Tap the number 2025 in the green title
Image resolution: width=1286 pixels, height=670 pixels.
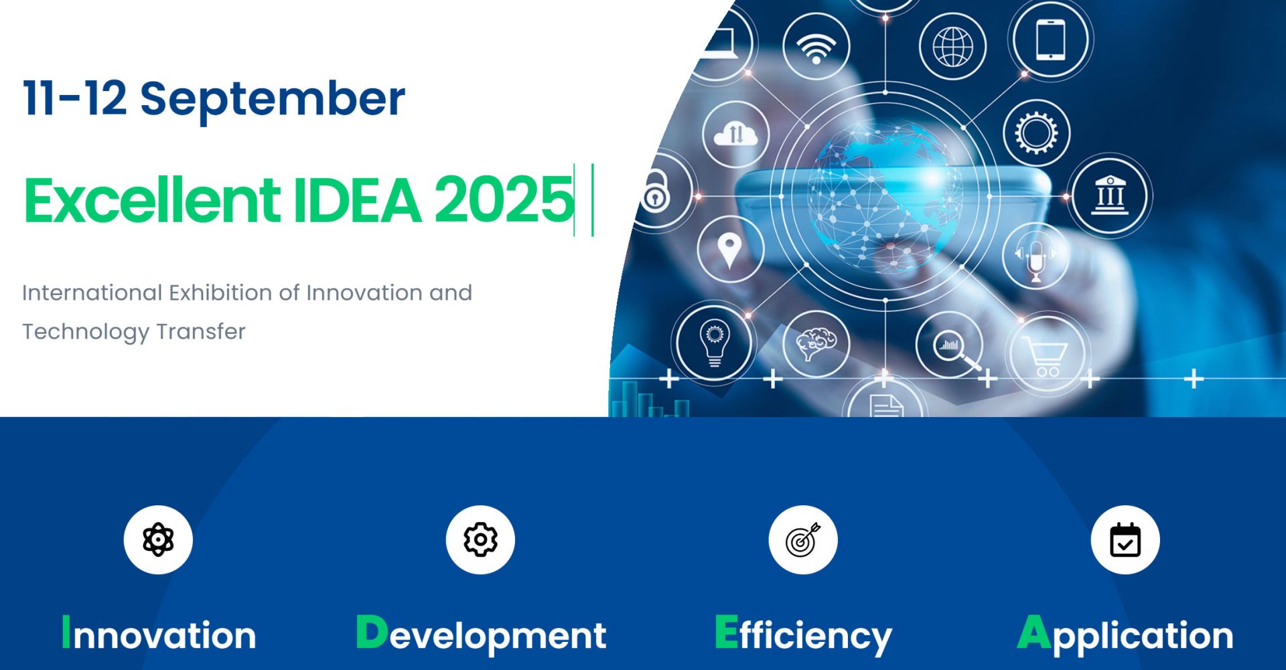[x=504, y=199]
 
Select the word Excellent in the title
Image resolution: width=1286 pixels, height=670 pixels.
[x=152, y=199]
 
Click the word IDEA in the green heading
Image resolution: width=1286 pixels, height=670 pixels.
[x=358, y=199]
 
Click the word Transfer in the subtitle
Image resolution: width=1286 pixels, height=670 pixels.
[x=200, y=331]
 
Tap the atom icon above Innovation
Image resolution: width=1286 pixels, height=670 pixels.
[x=158, y=539]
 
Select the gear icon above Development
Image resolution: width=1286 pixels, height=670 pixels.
[x=480, y=539]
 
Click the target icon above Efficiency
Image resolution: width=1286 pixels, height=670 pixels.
[x=803, y=539]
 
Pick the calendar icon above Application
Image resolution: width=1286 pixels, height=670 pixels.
[x=1125, y=539]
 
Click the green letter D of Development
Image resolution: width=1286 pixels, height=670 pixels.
[x=372, y=632]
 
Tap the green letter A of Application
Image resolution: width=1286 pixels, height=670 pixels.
[x=1034, y=632]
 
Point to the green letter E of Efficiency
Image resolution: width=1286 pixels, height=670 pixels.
[x=726, y=632]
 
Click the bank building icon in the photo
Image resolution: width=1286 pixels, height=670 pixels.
[x=1110, y=195]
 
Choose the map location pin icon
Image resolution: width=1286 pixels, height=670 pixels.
[x=729, y=251]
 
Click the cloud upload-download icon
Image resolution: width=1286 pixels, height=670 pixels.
[x=735, y=133]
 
